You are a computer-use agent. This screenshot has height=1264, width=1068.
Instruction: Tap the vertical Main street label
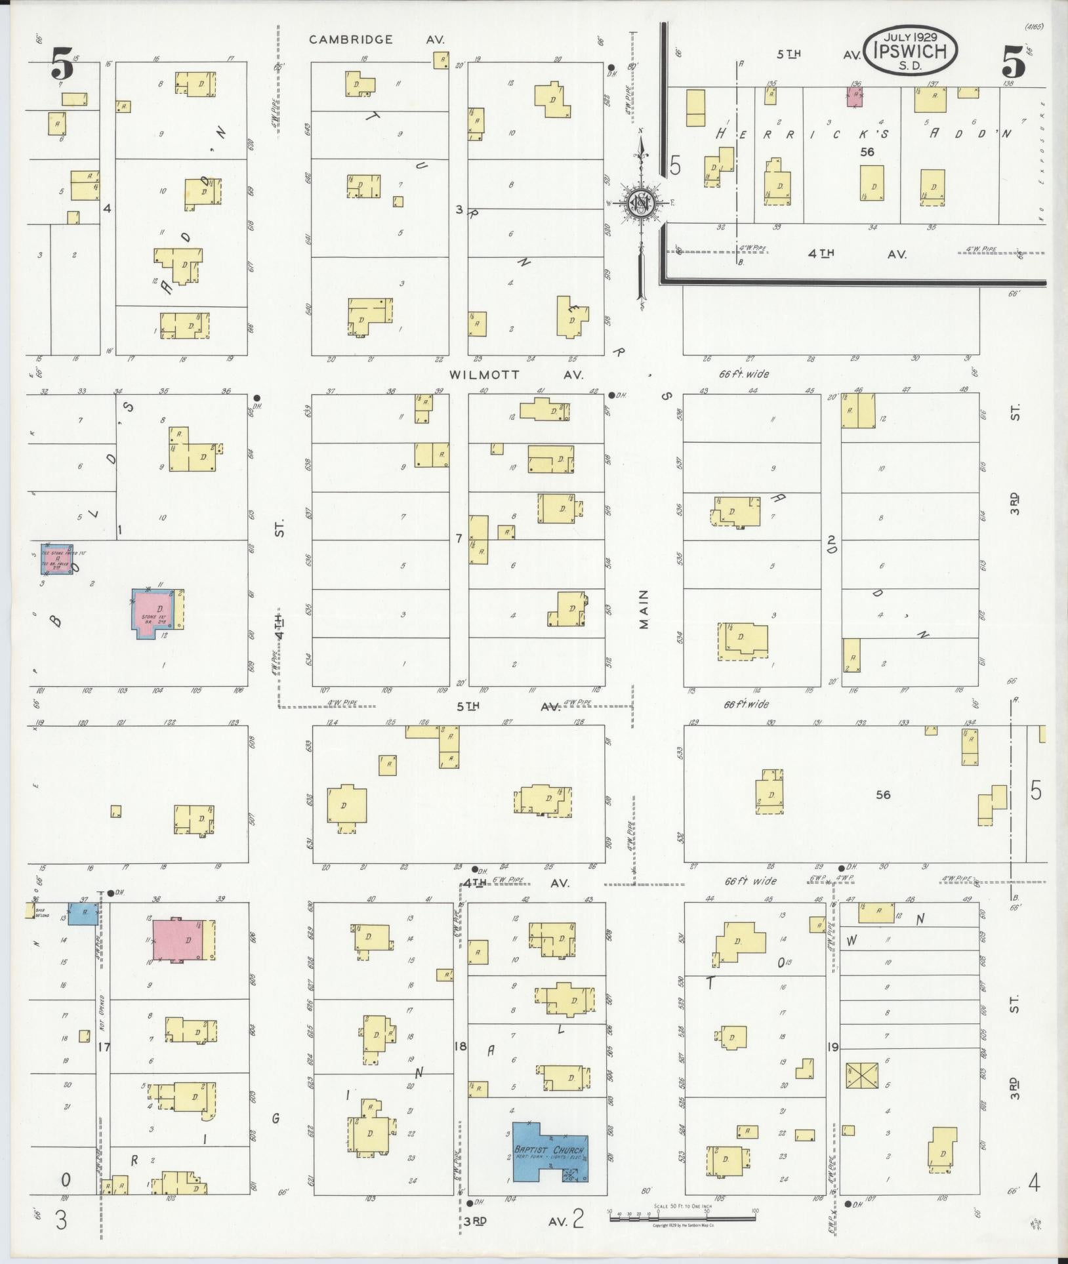tap(644, 609)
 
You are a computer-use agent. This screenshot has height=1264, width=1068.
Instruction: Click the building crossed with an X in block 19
tap(861, 1076)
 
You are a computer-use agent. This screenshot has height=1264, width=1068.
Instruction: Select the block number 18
tap(460, 1046)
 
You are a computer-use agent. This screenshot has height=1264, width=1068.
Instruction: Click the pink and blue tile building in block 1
tap(56, 560)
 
